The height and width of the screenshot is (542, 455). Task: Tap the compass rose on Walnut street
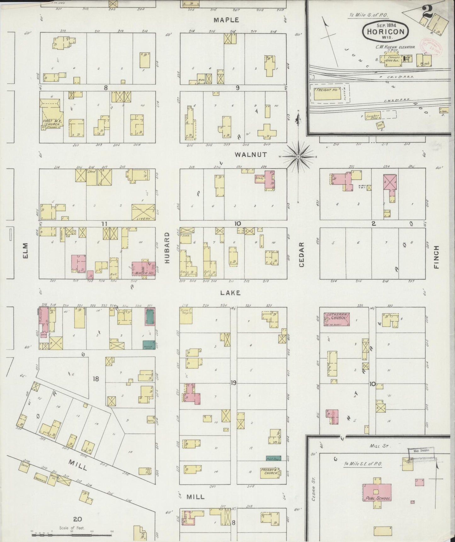coord(298,156)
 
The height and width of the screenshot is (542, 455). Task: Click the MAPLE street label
coord(226,20)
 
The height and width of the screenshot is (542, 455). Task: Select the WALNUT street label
coord(251,154)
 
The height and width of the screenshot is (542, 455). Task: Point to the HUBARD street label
coord(167,248)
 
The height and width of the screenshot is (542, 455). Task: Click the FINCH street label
coord(436,257)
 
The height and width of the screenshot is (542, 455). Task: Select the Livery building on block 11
coord(143,212)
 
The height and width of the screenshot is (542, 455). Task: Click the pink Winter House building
coord(143,269)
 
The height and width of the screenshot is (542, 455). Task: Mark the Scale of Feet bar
coord(71,534)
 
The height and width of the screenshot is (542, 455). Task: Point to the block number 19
coord(233,383)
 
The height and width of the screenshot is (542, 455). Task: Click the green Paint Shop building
coord(273,459)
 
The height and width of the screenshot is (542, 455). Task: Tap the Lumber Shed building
coord(373,116)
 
